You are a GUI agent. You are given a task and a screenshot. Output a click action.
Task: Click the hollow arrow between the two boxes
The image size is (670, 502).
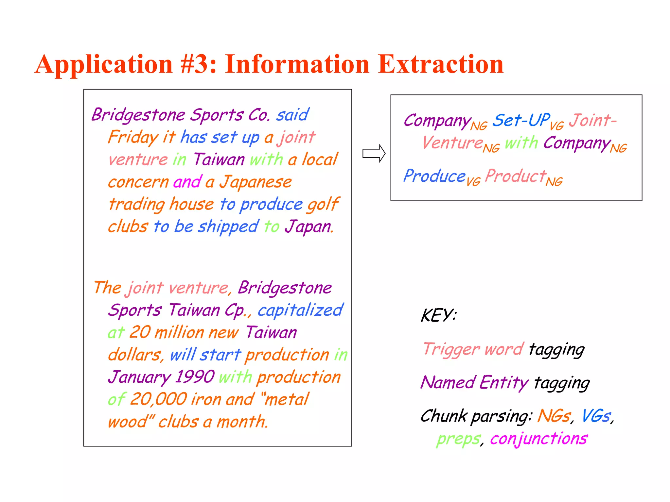(x=374, y=153)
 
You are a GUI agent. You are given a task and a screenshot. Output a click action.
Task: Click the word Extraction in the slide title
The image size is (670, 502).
(x=440, y=64)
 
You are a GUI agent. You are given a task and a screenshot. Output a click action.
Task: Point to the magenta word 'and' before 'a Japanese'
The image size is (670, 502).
(x=187, y=182)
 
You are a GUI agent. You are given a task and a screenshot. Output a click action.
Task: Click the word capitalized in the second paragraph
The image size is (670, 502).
(x=300, y=310)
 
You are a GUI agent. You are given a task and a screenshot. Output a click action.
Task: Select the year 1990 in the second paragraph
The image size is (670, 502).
(x=195, y=377)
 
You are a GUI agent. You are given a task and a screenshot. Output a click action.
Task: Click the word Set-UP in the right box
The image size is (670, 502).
(x=521, y=120)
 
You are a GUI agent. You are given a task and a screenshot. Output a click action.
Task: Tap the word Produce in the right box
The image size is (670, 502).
(x=434, y=176)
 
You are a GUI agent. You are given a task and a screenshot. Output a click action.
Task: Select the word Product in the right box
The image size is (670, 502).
(x=516, y=176)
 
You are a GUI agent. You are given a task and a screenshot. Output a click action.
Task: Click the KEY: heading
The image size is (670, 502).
(x=438, y=316)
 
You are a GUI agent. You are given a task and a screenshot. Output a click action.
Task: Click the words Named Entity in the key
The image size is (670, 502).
(x=474, y=383)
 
